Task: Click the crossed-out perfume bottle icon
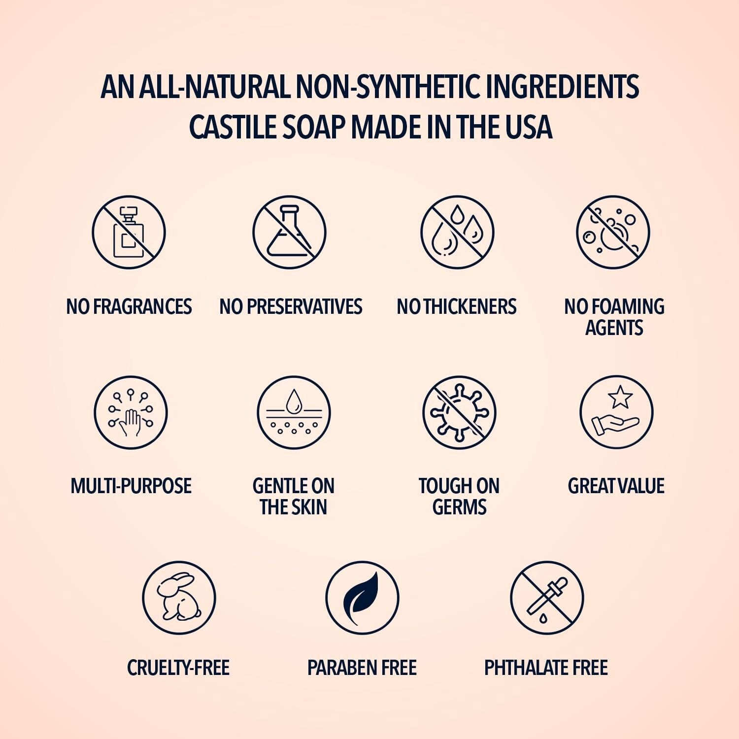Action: click(x=129, y=233)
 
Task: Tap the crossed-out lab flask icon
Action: click(x=289, y=233)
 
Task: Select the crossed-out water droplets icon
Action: click(x=457, y=233)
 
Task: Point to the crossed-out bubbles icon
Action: click(x=613, y=233)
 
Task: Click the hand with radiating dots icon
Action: click(x=131, y=413)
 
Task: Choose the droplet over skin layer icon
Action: click(x=294, y=413)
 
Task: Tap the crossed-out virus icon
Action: click(x=459, y=413)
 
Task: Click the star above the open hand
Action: click(x=620, y=397)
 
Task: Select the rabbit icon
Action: click(x=179, y=598)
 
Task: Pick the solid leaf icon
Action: click(x=362, y=598)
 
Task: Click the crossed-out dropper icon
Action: click(x=547, y=598)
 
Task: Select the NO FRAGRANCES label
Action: click(x=129, y=306)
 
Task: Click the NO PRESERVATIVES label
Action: click(x=291, y=306)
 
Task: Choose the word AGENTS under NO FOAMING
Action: click(x=614, y=328)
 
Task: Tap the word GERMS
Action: click(x=459, y=507)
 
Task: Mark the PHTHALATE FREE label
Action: click(x=546, y=668)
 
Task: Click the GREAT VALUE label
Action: click(x=616, y=486)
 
